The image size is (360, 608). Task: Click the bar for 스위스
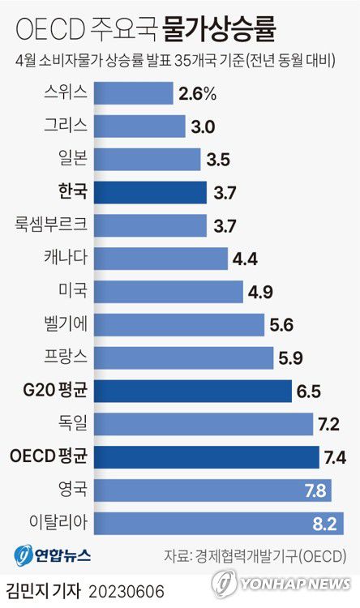[x=134, y=93]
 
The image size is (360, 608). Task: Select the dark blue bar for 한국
[x=151, y=192]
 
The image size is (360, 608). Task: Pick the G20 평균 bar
[x=193, y=391]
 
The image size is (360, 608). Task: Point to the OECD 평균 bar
[x=207, y=457]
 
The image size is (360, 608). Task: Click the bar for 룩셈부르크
[x=151, y=225]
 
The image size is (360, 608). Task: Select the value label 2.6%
[x=197, y=94]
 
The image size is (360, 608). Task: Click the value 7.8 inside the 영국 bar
[x=315, y=490]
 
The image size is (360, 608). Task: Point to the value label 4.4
[x=245, y=259]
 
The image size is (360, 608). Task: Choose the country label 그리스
[x=66, y=126]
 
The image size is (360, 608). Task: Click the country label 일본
[x=72, y=159]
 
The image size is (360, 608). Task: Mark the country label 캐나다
[x=66, y=258]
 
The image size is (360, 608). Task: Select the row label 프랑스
[x=66, y=358]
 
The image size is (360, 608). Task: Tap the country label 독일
[x=72, y=423]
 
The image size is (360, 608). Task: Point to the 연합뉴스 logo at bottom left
[x=54, y=555]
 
